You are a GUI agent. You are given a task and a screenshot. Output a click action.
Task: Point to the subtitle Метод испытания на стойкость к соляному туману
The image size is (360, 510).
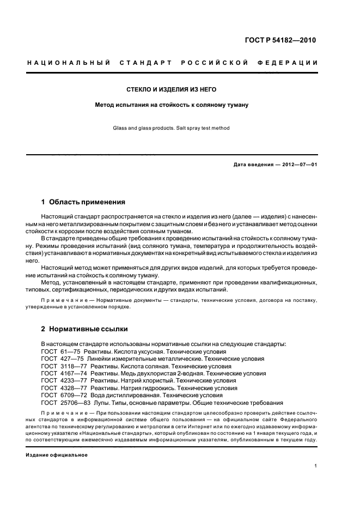click(x=172, y=104)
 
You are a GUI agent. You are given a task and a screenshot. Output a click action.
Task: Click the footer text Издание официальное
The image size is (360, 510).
click(x=57, y=454)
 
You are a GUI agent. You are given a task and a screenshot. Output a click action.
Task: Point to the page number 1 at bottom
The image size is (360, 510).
click(x=316, y=466)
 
